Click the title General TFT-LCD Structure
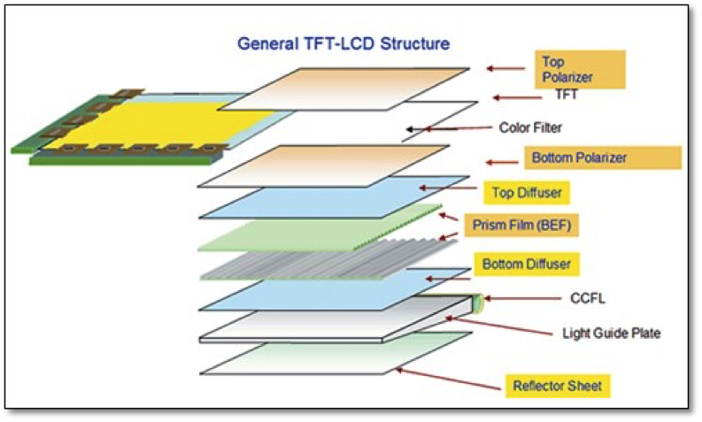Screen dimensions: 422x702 [x=343, y=42]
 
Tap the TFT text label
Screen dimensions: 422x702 [x=567, y=95]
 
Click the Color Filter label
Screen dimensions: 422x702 [x=530, y=128]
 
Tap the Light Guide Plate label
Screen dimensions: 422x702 [x=611, y=334]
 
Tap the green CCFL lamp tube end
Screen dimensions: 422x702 [x=479, y=302]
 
